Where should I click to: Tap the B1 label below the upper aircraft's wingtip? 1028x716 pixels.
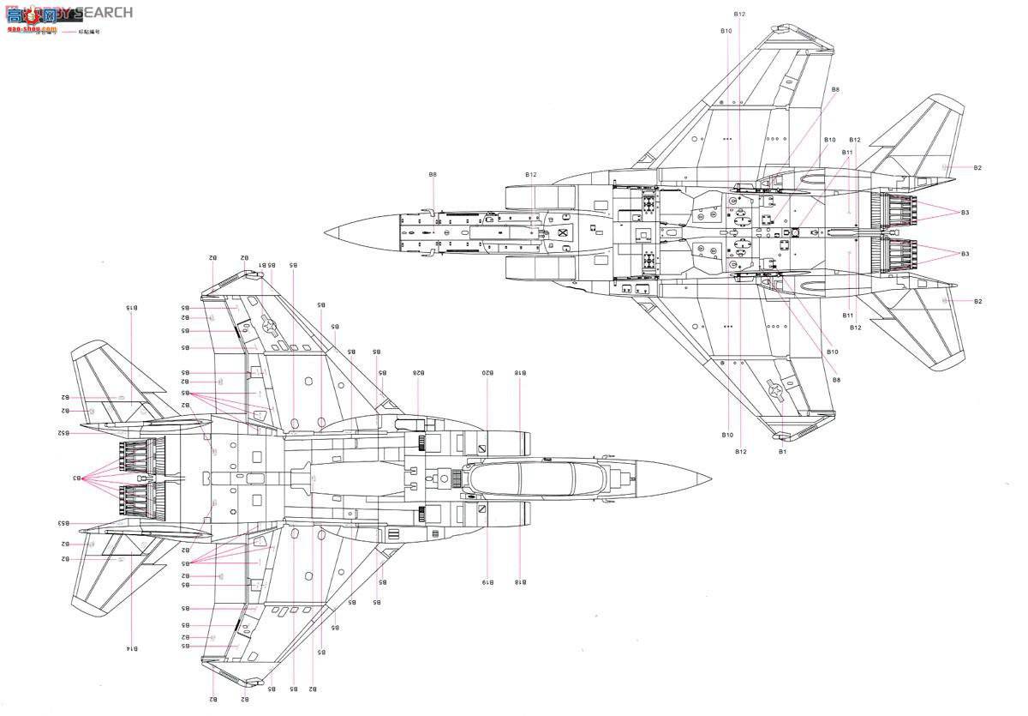coord(781,451)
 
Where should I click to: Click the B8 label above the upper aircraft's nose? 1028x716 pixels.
coord(433,175)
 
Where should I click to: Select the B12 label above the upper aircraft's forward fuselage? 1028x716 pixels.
coord(531,175)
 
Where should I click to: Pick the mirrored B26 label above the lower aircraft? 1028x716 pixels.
coord(417,373)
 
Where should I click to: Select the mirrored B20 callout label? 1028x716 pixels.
coord(486,373)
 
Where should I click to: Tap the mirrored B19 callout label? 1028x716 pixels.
coord(486,583)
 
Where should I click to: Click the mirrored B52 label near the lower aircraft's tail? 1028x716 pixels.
coord(63,433)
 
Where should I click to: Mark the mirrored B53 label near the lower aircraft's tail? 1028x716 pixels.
coord(63,523)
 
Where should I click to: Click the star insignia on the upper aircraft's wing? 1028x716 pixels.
coord(777,391)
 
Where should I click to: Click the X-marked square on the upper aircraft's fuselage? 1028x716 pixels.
coord(563,233)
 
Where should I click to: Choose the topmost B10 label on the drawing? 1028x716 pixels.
coord(726,31)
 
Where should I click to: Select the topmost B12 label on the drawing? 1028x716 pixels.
coord(739,14)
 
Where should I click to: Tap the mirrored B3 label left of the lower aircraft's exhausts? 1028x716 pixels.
coord(76,478)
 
